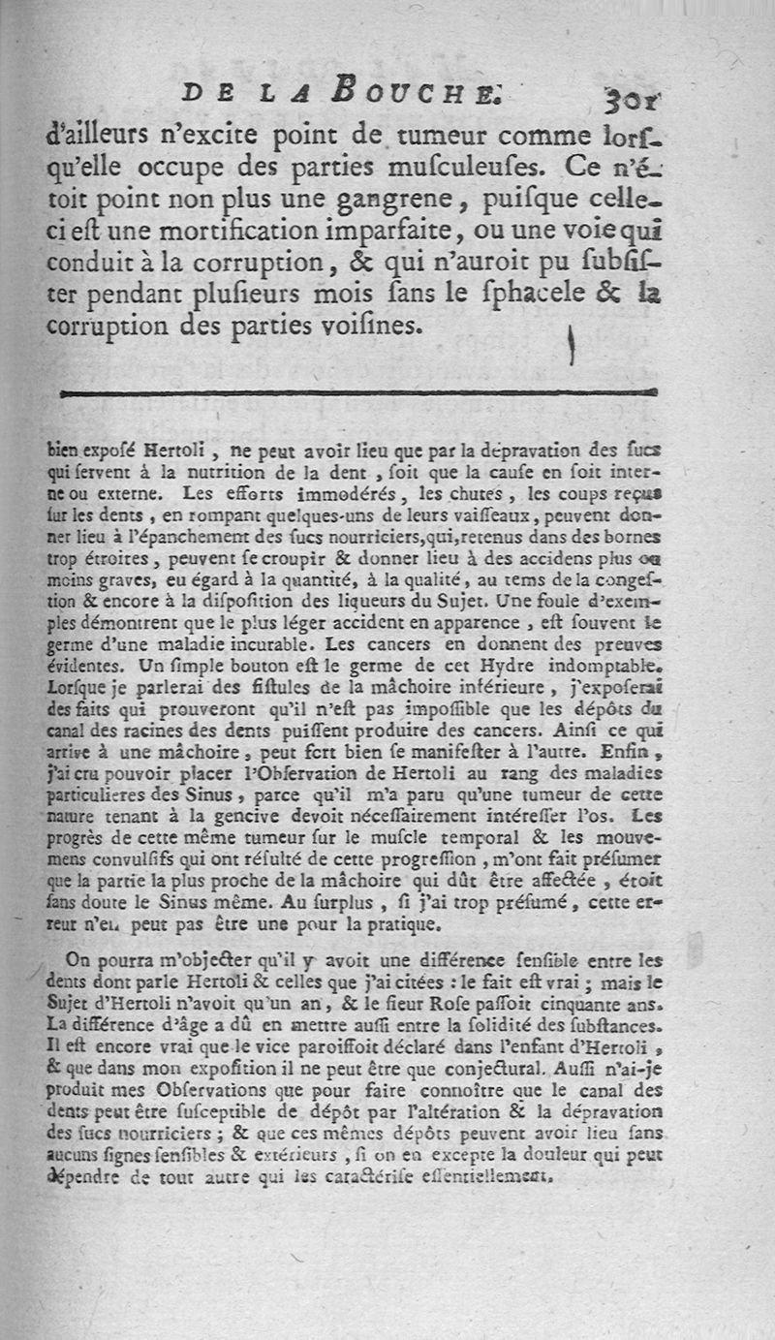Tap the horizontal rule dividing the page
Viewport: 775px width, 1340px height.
coord(358,392)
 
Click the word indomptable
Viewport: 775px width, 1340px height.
coord(606,666)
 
